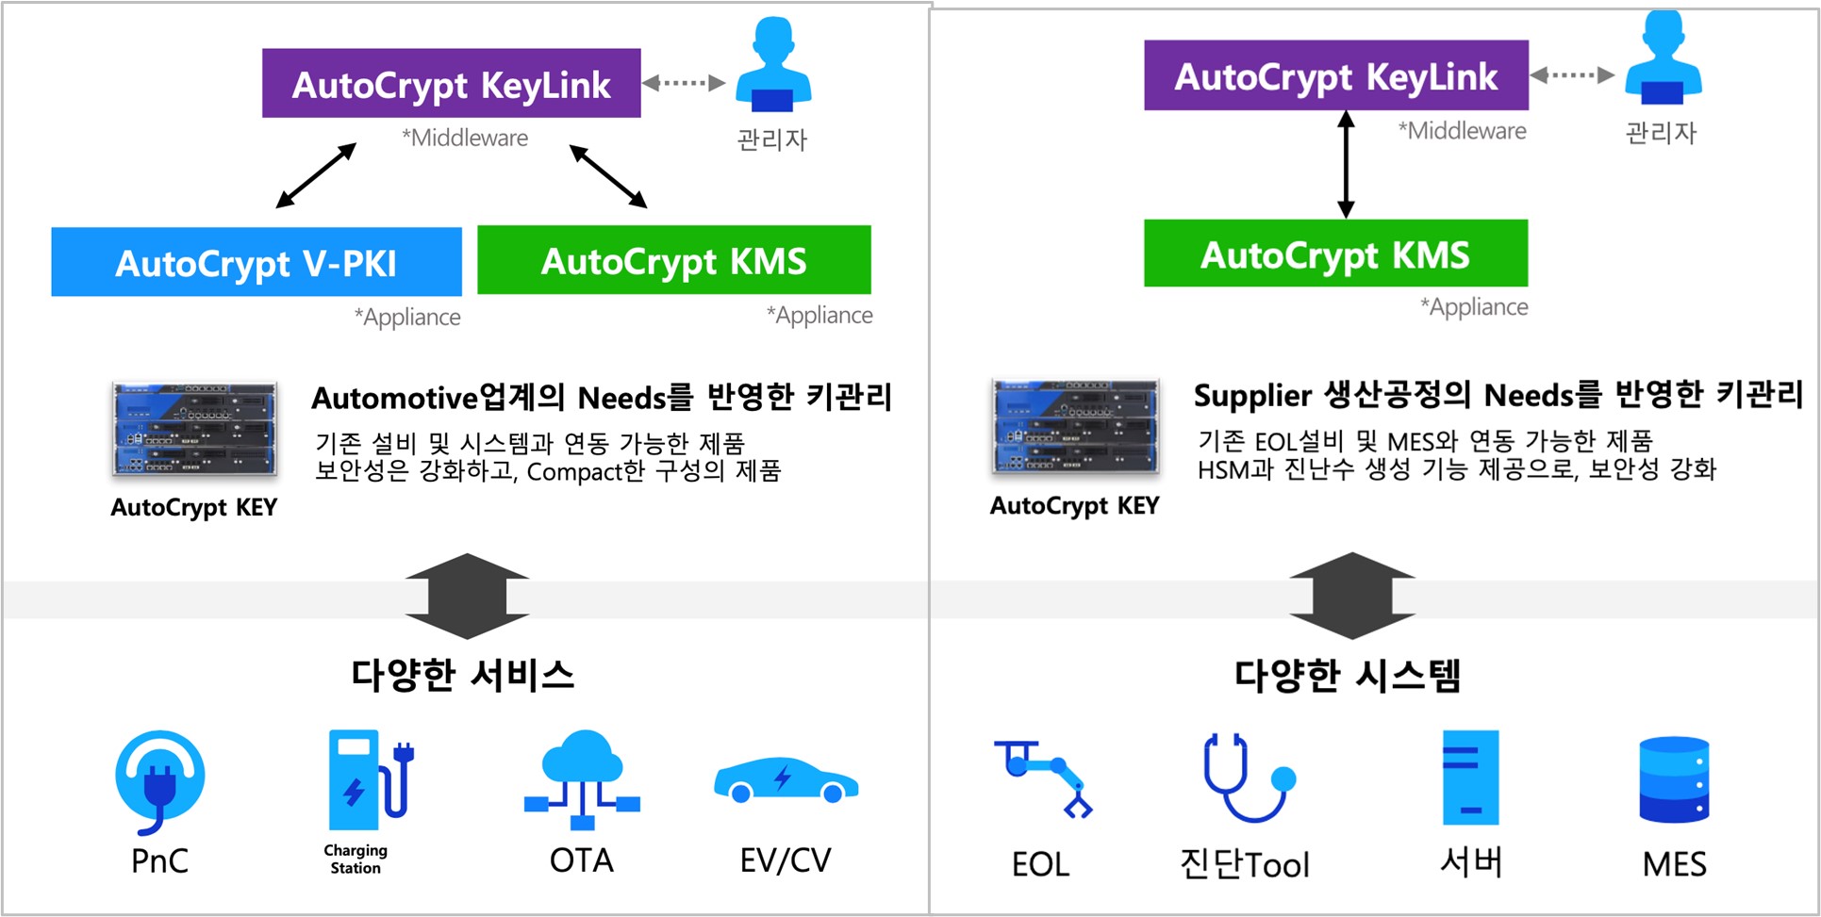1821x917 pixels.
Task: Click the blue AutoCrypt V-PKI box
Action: coord(256,262)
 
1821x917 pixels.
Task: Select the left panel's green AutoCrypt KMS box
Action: coord(673,260)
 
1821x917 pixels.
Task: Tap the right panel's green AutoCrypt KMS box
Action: coord(1334,254)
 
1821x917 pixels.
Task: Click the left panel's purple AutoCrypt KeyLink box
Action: coord(451,84)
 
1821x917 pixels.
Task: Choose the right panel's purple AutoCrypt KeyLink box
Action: coord(1335,75)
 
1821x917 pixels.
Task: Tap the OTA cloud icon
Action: coord(583,778)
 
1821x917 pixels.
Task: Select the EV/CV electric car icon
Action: coord(786,780)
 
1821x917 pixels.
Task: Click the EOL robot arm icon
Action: coord(1042,778)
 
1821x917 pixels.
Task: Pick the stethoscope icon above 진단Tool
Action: coord(1247,778)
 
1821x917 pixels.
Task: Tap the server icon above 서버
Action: coord(1469,778)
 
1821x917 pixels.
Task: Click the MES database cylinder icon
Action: coord(1674,778)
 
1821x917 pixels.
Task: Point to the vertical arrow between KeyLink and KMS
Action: coord(1346,165)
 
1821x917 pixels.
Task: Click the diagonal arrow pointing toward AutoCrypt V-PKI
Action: coord(316,175)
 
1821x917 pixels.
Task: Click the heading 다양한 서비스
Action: coord(462,675)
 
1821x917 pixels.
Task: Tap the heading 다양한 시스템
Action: coord(1348,675)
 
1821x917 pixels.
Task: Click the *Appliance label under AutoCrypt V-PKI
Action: coord(407,317)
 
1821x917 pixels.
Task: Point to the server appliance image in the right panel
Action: coord(1075,427)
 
